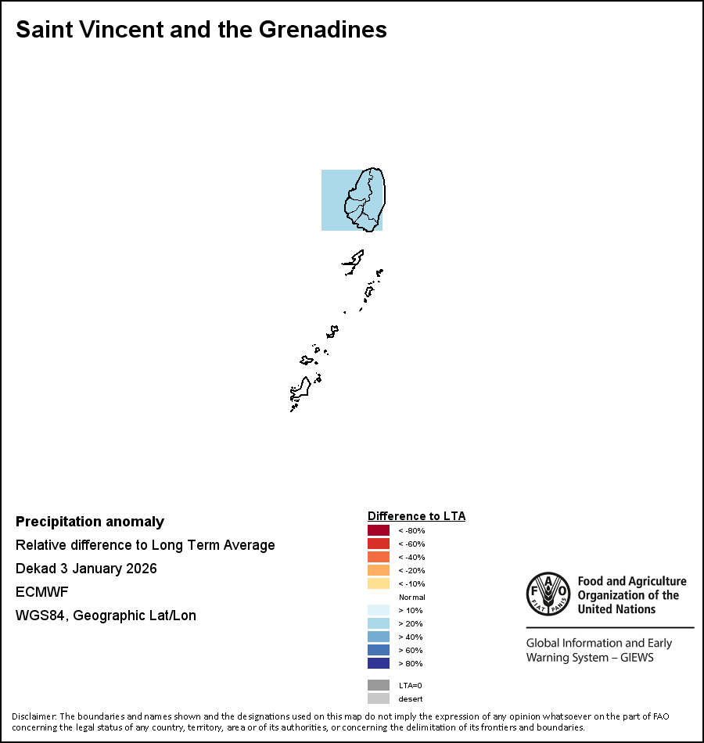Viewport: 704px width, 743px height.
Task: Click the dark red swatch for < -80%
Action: (x=379, y=530)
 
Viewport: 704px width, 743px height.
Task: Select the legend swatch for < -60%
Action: (x=379, y=544)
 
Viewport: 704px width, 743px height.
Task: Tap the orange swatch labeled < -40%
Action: (x=379, y=557)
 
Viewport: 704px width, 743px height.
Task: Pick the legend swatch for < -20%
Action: (x=379, y=570)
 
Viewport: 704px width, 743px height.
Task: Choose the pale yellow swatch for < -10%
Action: (x=379, y=583)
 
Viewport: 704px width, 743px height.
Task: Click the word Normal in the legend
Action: (x=411, y=597)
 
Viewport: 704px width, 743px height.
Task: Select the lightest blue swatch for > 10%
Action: (x=379, y=610)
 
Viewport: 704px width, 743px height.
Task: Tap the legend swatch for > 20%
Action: (x=379, y=623)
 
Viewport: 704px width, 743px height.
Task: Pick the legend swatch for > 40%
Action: (x=379, y=637)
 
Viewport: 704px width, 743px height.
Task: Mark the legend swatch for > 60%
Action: (x=379, y=650)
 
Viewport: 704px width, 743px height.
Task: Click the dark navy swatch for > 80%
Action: (x=379, y=663)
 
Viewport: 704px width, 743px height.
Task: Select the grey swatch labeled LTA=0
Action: (x=379, y=685)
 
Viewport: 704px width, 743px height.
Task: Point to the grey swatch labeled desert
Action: (x=379, y=698)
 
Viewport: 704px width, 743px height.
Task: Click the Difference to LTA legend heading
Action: (x=416, y=516)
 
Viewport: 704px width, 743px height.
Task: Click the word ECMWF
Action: (x=42, y=592)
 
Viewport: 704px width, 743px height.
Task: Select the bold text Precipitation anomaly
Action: (x=90, y=522)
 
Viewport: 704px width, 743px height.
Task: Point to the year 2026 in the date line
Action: (x=141, y=569)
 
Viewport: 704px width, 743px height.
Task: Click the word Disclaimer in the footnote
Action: (x=34, y=716)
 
